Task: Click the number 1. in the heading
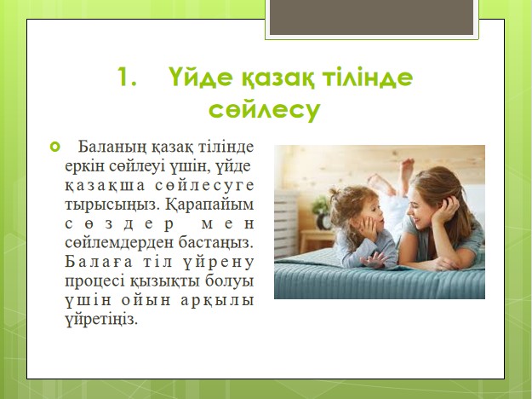tap(127, 77)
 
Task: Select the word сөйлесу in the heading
tap(265, 109)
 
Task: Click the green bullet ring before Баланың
tap(54, 147)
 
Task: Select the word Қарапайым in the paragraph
tap(210, 205)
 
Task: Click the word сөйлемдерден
tap(119, 242)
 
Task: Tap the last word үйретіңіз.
tap(101, 320)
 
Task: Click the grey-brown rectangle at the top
tap(371, 17)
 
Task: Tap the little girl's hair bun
tap(335, 193)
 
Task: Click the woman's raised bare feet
tap(393, 176)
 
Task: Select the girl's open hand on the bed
tap(374, 260)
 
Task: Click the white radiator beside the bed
tap(286, 223)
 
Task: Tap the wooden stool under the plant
tap(317, 240)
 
